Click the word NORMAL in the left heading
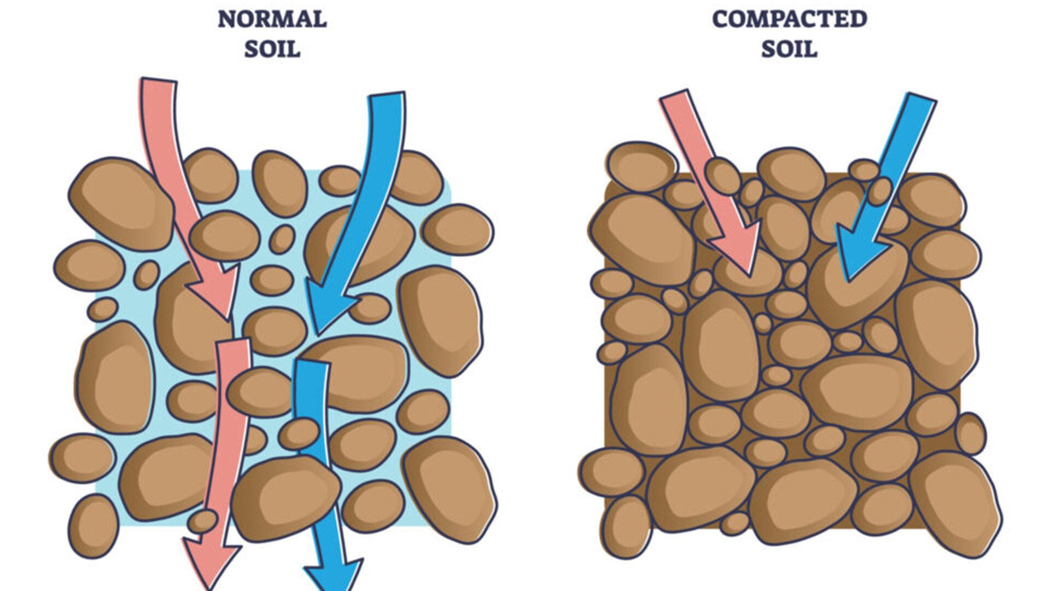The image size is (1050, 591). click(272, 20)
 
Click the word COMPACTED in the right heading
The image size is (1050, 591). click(789, 20)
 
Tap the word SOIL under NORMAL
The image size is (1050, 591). click(272, 49)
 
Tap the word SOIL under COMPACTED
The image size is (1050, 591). click(789, 49)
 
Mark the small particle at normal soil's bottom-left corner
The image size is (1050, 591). click(93, 525)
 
